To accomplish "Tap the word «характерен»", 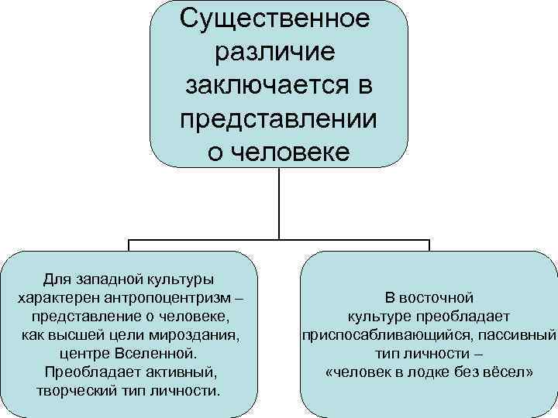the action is pyautogui.click(x=66, y=297).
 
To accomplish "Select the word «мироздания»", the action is pyautogui.click(x=200, y=334).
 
